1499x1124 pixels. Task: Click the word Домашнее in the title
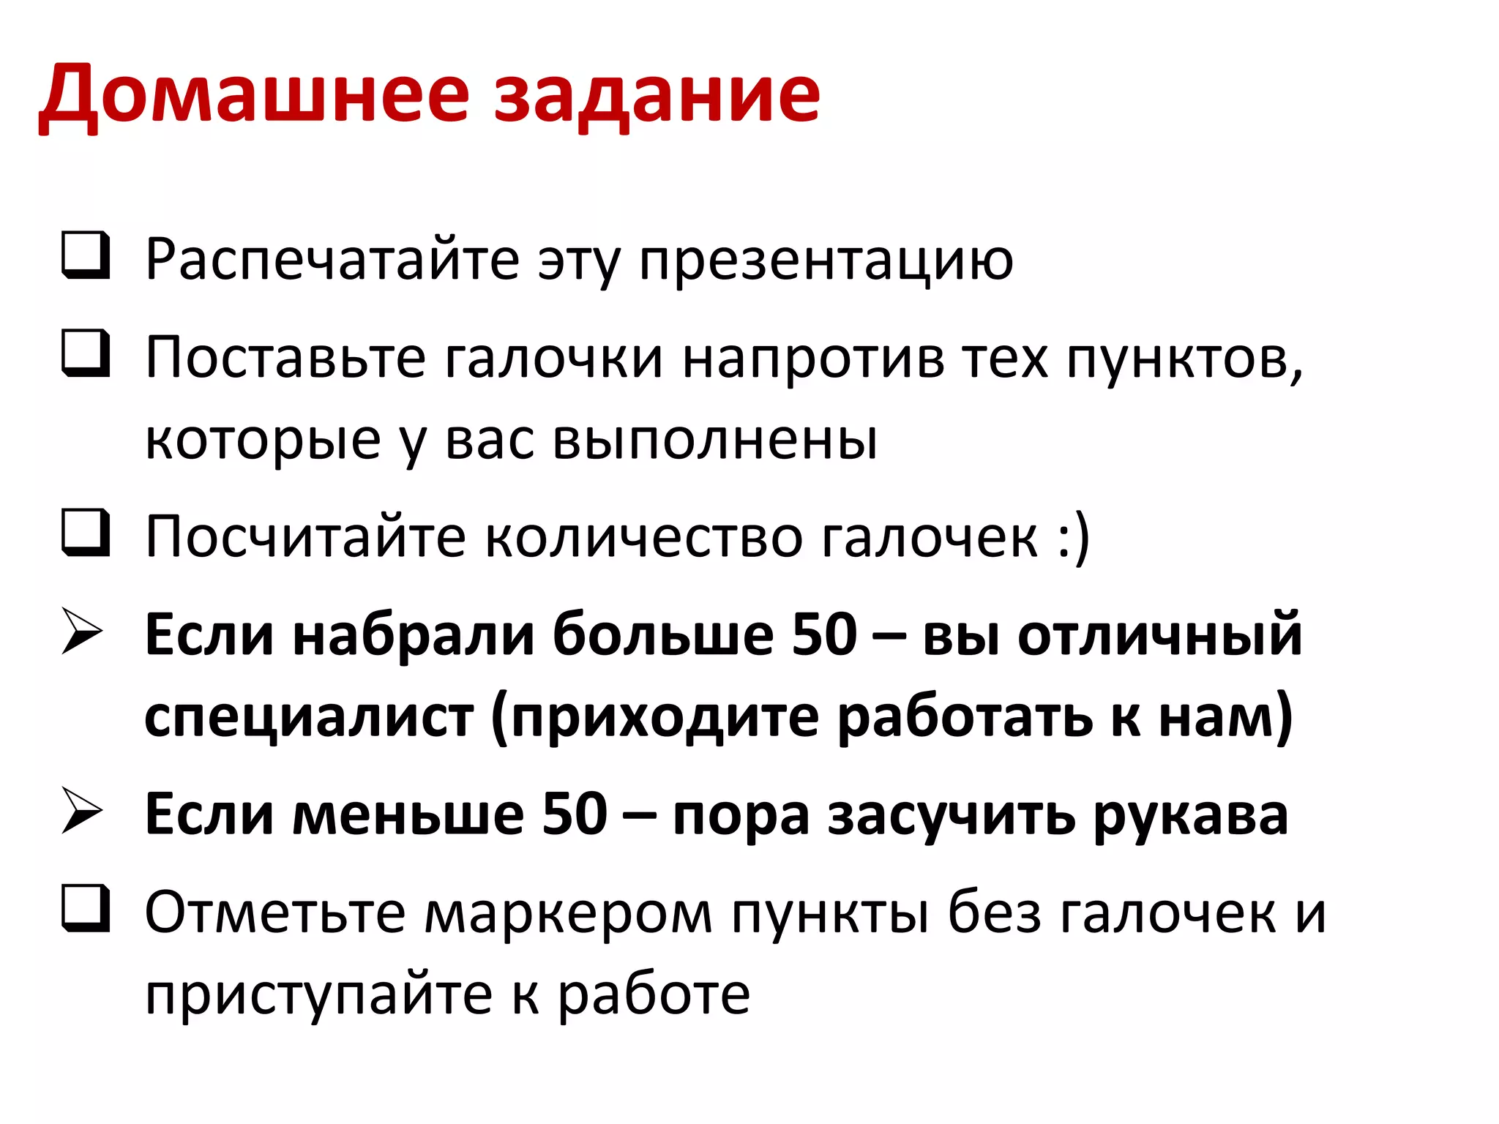pos(253,95)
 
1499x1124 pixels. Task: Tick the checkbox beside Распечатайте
pos(86,255)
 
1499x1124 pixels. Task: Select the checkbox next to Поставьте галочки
pos(86,354)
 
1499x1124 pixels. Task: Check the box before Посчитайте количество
pos(86,532)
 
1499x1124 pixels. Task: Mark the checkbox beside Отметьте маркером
pos(86,909)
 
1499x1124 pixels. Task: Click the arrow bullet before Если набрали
pos(82,630)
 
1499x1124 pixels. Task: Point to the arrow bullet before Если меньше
pos(82,810)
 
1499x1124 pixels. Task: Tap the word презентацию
pos(826,261)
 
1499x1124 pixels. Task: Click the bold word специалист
pos(309,717)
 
